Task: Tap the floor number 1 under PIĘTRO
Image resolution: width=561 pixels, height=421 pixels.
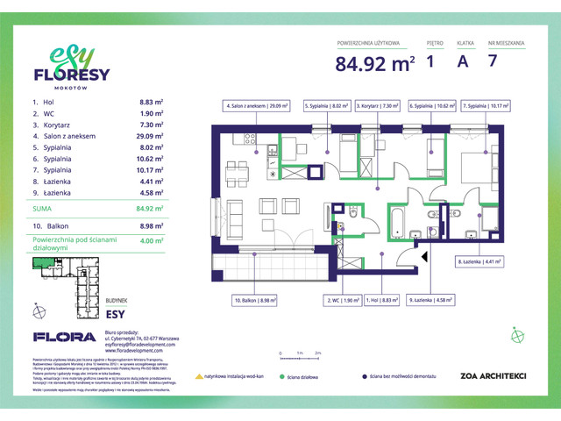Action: [430, 62]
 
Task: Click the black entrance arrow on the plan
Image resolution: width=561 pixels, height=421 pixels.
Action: [424, 257]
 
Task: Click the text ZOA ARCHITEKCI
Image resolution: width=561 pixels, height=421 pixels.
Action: [475, 375]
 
